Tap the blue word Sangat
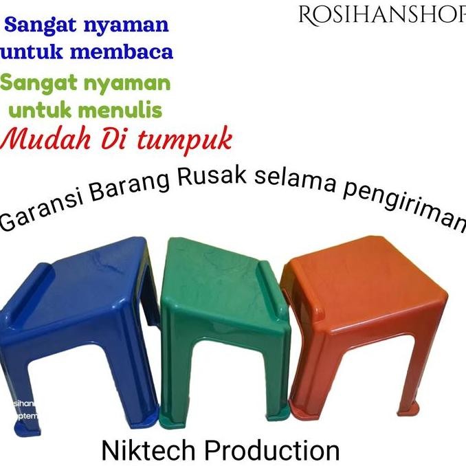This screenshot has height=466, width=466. tap(41, 26)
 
